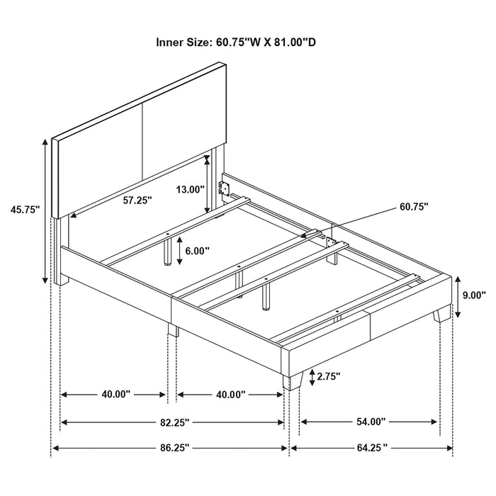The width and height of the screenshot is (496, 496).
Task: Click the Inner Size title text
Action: tap(236, 43)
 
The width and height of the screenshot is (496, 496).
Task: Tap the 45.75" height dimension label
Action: tap(24, 209)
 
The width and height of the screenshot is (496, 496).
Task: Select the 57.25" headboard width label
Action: tap(137, 201)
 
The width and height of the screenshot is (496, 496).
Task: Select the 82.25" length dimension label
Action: tap(173, 422)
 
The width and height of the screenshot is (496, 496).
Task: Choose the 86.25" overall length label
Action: tap(173, 448)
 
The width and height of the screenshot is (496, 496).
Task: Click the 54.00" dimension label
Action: tap(371, 422)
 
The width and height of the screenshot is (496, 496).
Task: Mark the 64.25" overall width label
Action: tap(371, 448)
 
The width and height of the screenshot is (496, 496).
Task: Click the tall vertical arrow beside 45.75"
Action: tap(46, 210)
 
